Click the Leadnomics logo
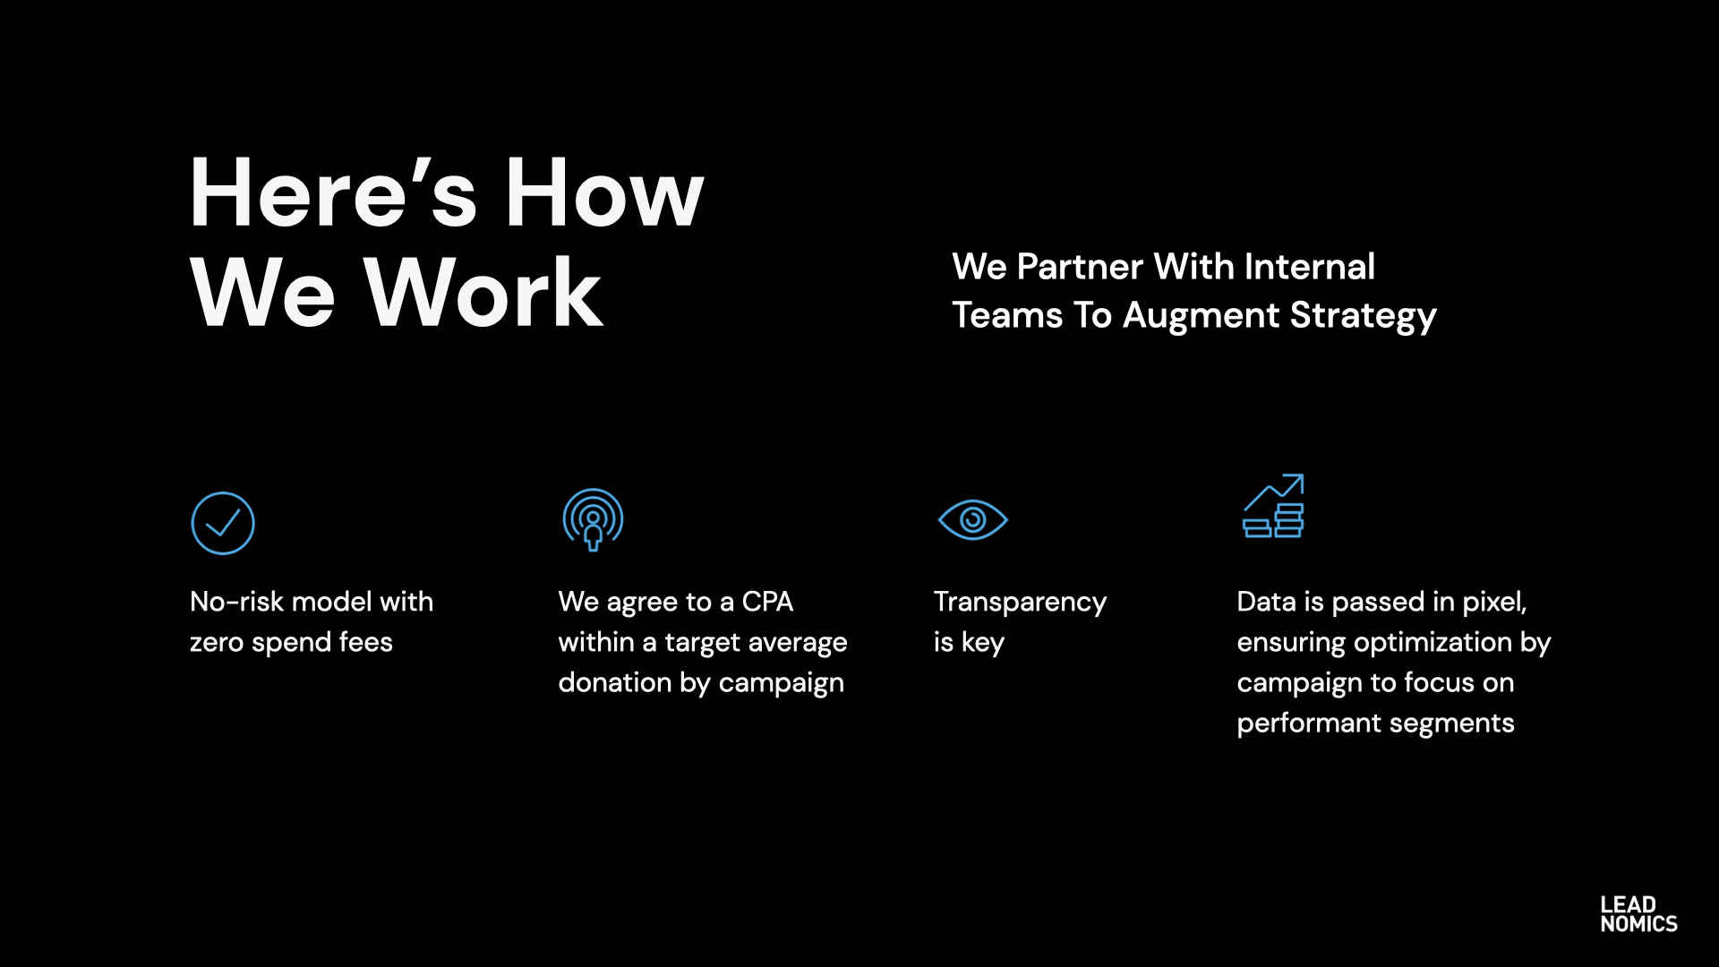pos(1638,914)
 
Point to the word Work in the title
pos(483,293)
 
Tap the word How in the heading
pos(604,193)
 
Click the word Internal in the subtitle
pos(1309,266)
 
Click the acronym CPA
pos(767,602)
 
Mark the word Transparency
pos(1020,603)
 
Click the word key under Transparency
pos(982,643)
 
